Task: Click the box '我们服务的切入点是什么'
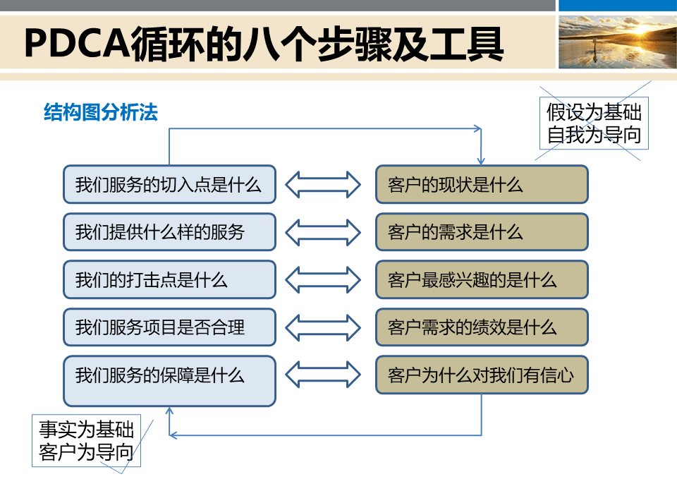(x=169, y=184)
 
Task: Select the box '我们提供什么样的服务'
(x=169, y=231)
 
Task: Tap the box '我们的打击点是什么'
(x=169, y=279)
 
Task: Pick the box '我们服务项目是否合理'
(x=169, y=327)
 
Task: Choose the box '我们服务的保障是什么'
(x=169, y=381)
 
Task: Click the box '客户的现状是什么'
(x=481, y=184)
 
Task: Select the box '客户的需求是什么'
(x=481, y=231)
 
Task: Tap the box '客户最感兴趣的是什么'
(x=481, y=279)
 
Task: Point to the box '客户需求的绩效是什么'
(x=481, y=327)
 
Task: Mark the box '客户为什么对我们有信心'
(x=481, y=375)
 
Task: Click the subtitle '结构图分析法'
(x=101, y=112)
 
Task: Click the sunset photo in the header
(x=617, y=42)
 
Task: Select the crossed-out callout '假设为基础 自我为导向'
(x=594, y=123)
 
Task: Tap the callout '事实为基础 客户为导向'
(x=86, y=440)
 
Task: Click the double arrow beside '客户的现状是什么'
(x=324, y=184)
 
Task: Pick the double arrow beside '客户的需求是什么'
(x=324, y=231)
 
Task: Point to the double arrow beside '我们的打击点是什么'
(x=324, y=279)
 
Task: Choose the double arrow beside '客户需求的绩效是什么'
(x=324, y=327)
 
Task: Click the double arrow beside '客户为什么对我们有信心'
(x=324, y=375)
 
